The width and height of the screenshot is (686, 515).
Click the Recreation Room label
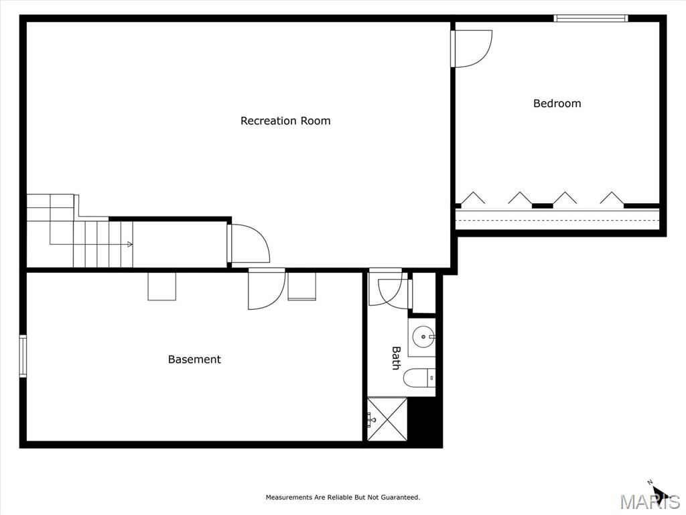285,121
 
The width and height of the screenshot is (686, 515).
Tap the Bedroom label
557,104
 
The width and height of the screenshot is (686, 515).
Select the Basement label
194,359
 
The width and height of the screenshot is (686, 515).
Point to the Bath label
396,358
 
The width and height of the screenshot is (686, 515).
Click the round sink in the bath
423,337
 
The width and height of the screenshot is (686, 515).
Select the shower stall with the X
387,419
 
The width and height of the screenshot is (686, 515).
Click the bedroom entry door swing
472,48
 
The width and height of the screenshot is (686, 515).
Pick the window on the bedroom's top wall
591,18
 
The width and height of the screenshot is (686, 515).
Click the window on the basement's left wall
23,356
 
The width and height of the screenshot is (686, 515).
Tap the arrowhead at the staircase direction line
130,244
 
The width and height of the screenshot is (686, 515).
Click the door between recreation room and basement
267,288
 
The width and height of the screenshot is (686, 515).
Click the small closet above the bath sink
424,292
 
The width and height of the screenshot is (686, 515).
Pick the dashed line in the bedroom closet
557,220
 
